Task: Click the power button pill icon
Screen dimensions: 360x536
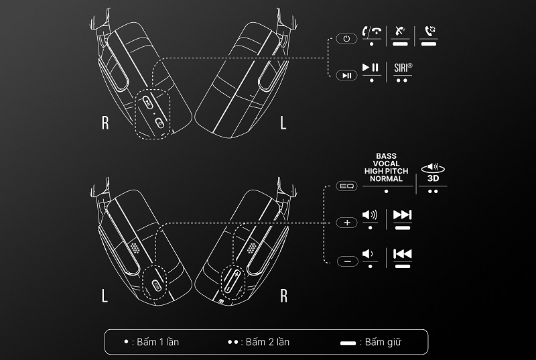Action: (x=346, y=39)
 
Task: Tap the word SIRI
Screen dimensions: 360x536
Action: (x=403, y=68)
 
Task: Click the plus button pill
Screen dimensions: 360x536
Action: (x=346, y=223)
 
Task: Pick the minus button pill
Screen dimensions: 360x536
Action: (x=346, y=261)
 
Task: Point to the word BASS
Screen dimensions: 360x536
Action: (x=387, y=155)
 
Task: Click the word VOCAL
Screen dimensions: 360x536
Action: (x=387, y=163)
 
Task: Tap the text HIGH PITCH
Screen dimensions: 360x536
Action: (x=387, y=171)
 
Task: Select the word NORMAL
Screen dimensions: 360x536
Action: (x=387, y=179)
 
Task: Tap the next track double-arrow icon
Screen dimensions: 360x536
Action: (x=402, y=215)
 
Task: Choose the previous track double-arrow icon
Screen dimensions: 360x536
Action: (x=402, y=253)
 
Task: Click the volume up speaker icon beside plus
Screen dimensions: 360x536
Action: (x=369, y=215)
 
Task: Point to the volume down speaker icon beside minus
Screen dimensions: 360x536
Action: (x=368, y=253)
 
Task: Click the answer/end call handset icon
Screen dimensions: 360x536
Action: (x=371, y=31)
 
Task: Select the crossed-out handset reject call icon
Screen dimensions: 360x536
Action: (x=401, y=31)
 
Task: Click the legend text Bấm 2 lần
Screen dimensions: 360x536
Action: (x=266, y=342)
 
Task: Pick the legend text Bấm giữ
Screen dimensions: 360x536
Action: (x=384, y=342)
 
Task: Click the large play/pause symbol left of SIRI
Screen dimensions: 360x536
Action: (x=371, y=67)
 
